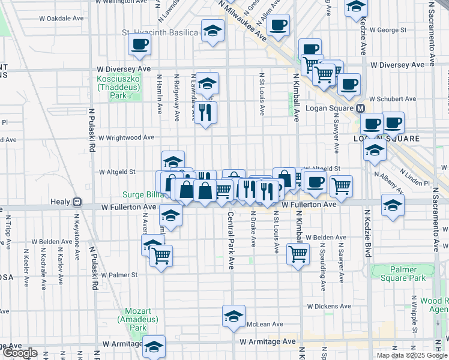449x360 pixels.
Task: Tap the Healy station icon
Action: [x=76, y=202]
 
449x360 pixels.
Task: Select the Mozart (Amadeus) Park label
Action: [x=137, y=319]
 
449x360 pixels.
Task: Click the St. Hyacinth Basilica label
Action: [x=159, y=32]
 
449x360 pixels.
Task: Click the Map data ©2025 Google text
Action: [x=412, y=355]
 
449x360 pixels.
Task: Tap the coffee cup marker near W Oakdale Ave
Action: [x=140, y=44]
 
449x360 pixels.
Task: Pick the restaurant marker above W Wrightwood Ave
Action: [x=206, y=112]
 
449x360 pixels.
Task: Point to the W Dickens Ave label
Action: [x=328, y=306]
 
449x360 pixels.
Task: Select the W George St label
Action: [x=388, y=29]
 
